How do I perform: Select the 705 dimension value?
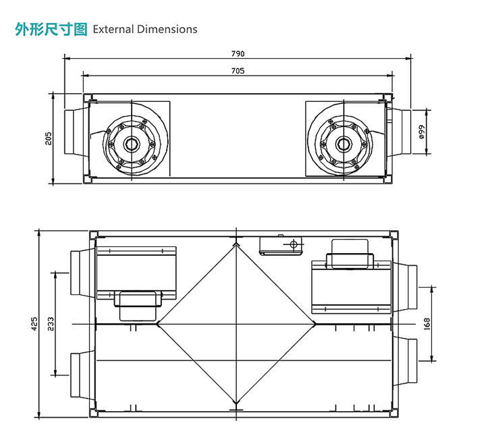[238, 70]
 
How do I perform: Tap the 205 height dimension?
[48, 138]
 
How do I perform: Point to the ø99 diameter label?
[421, 131]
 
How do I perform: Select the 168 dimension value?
[426, 324]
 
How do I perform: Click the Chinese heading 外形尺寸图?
[51, 29]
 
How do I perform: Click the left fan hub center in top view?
[131, 144]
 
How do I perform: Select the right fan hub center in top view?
[344, 144]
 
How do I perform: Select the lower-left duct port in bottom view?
[79, 375]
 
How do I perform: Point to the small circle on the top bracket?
[293, 243]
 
